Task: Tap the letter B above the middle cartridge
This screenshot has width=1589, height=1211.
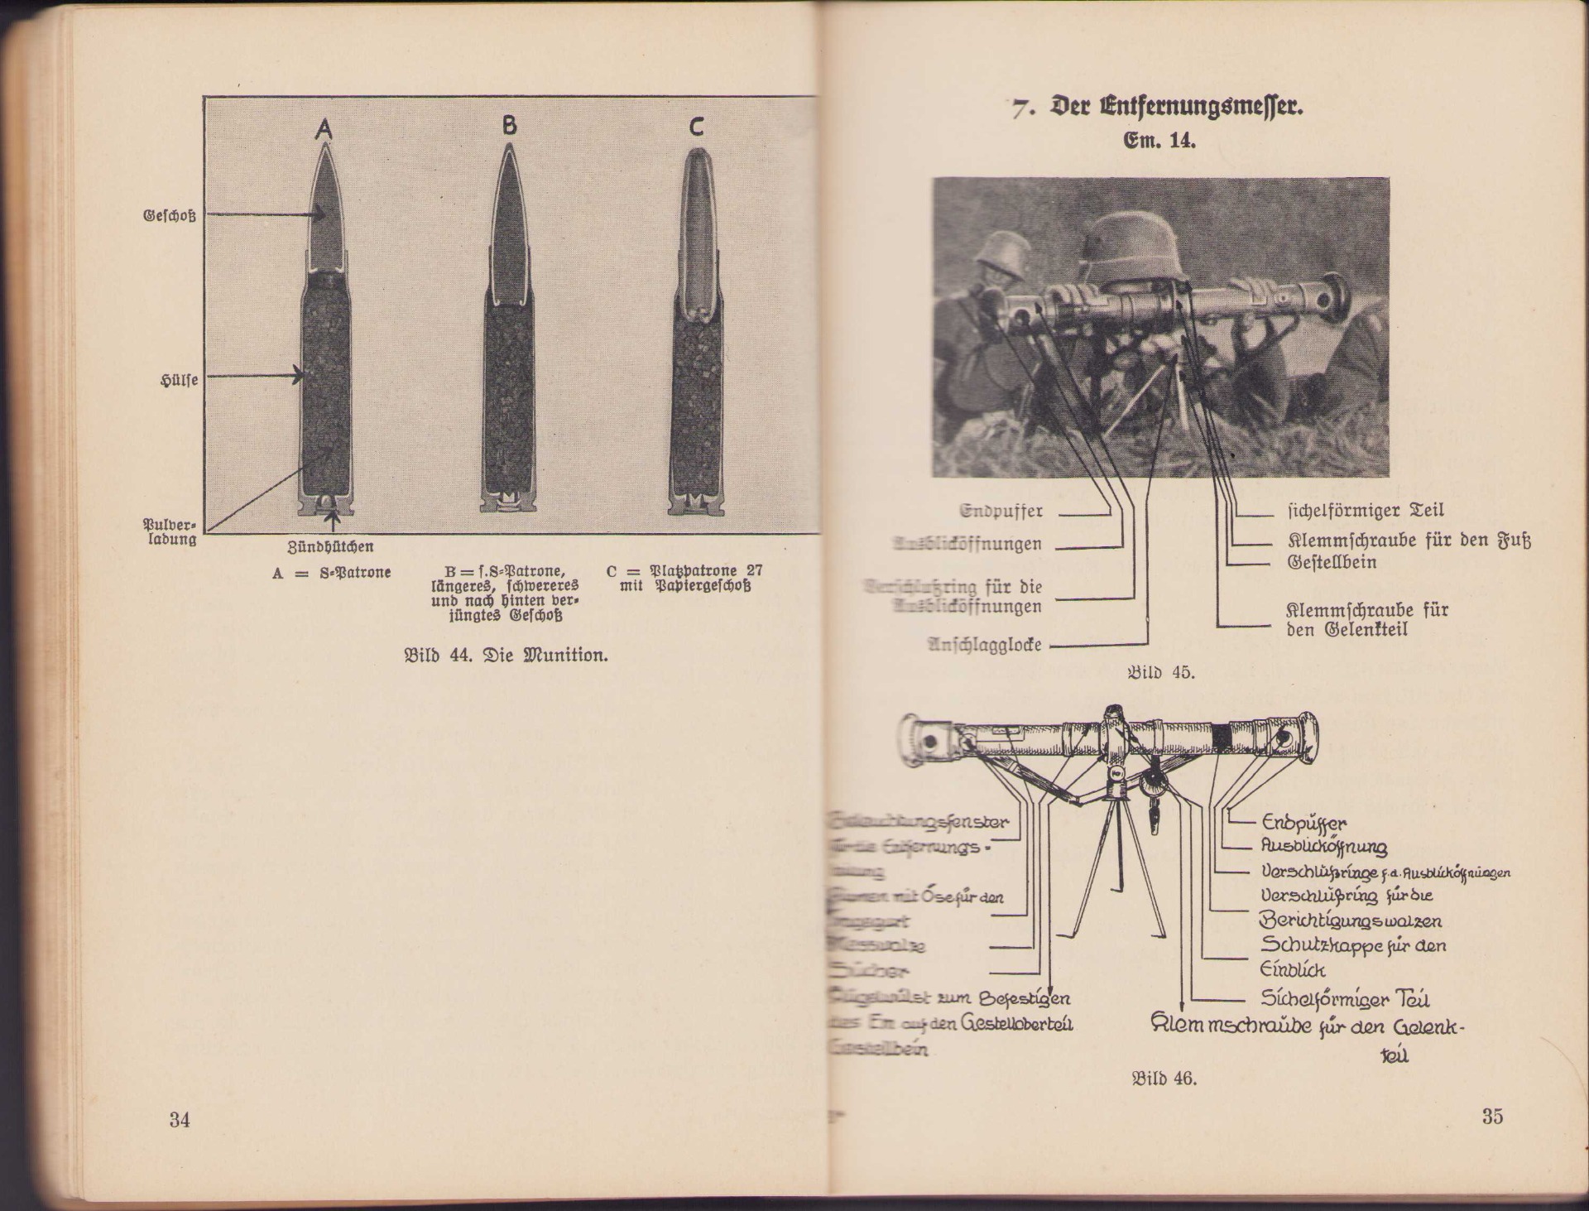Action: [509, 125]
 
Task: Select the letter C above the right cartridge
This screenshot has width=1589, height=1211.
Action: [696, 127]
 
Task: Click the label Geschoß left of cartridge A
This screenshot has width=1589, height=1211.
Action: [170, 217]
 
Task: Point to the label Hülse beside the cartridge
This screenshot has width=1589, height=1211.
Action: [179, 381]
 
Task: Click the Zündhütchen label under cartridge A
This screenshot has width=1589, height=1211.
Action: [330, 547]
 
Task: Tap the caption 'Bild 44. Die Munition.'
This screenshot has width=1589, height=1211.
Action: [506, 656]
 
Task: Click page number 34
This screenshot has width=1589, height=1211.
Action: [180, 1120]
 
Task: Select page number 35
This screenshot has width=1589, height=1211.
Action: [1491, 1117]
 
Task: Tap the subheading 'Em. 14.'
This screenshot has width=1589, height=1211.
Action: [1159, 141]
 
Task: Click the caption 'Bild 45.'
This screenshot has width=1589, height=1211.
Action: [1161, 672]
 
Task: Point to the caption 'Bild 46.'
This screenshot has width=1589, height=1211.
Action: [1164, 1079]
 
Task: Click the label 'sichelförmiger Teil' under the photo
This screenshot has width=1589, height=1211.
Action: [1366, 511]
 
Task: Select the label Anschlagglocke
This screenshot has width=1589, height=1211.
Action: [985, 645]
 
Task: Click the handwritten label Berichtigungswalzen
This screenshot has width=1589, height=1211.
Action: [1351, 920]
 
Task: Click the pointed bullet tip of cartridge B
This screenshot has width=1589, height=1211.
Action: [509, 151]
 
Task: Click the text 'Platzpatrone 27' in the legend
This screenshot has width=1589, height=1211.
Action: [706, 571]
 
